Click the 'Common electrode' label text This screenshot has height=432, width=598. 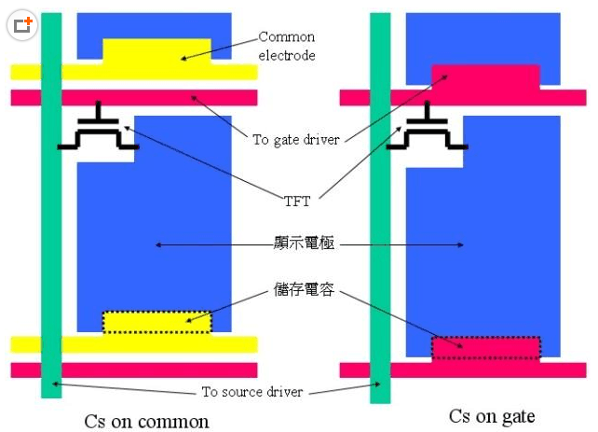[287, 46]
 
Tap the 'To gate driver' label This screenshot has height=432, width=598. [295, 140]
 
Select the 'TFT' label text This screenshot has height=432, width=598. [299, 199]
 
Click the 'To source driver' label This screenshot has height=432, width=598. [252, 392]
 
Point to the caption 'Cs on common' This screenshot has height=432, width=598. [147, 421]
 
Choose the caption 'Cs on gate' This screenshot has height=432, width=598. [492, 416]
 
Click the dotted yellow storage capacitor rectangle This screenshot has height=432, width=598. [157, 322]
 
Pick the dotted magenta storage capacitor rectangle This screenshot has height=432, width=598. [485, 347]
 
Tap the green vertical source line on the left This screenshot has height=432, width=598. [51, 233]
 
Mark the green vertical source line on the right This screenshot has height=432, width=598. [380, 233]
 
